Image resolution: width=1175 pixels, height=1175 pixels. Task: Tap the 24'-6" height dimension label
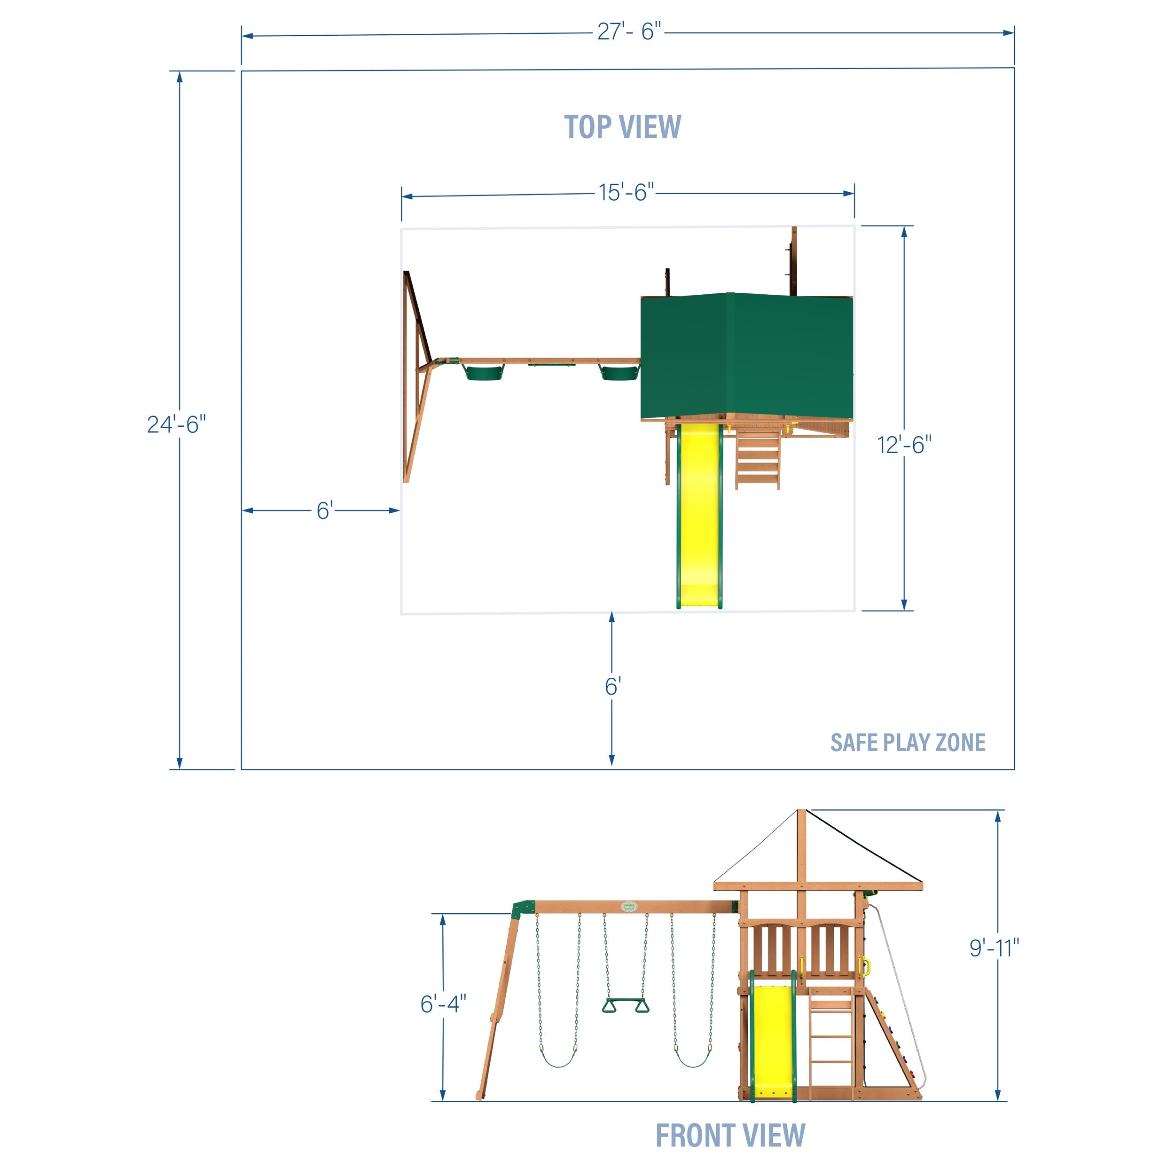[176, 424]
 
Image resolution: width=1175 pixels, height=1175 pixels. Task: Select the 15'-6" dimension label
[627, 192]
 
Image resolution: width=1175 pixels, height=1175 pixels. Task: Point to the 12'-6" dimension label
[904, 445]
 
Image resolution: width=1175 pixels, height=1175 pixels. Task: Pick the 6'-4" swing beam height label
[443, 1003]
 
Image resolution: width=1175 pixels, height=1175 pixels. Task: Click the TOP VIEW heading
[623, 127]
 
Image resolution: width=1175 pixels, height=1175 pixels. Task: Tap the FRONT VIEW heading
[730, 1136]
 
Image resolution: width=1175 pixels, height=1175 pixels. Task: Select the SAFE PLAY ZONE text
[908, 743]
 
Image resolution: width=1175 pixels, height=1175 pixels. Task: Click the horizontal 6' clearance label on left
[324, 510]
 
